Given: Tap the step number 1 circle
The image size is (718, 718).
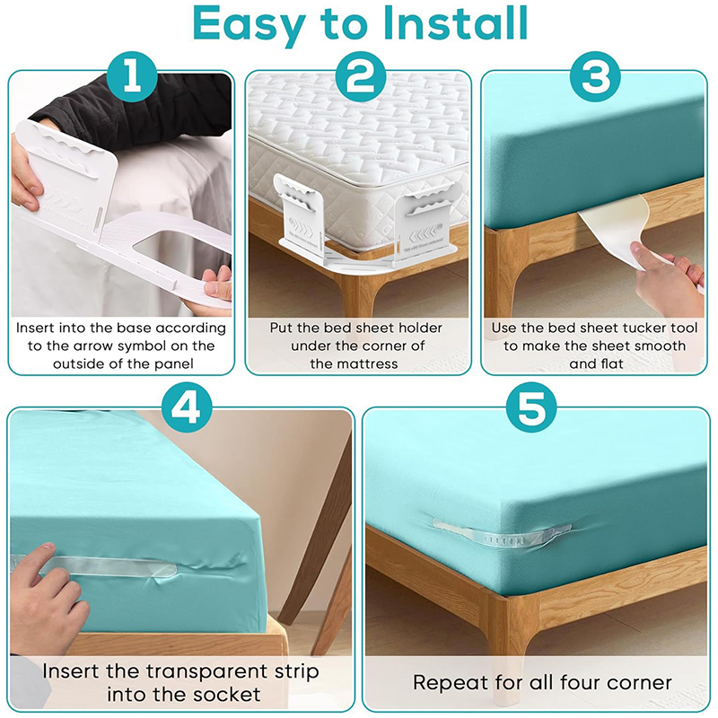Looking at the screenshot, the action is click(x=132, y=76).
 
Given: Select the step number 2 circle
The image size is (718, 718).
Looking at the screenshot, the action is click(x=361, y=76).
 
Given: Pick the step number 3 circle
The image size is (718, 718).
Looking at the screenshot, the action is click(x=595, y=76).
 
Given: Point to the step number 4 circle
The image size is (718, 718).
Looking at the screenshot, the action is click(x=187, y=407).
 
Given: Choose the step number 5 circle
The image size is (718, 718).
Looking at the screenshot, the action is click(x=531, y=407).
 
